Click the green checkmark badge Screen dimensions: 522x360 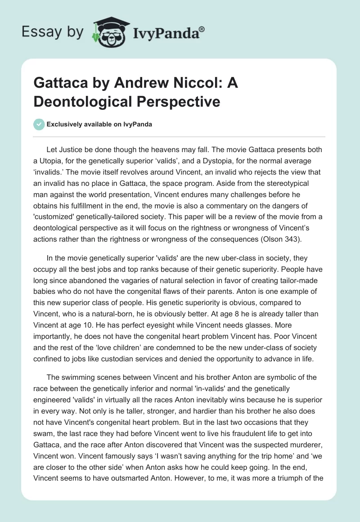click(39, 124)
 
